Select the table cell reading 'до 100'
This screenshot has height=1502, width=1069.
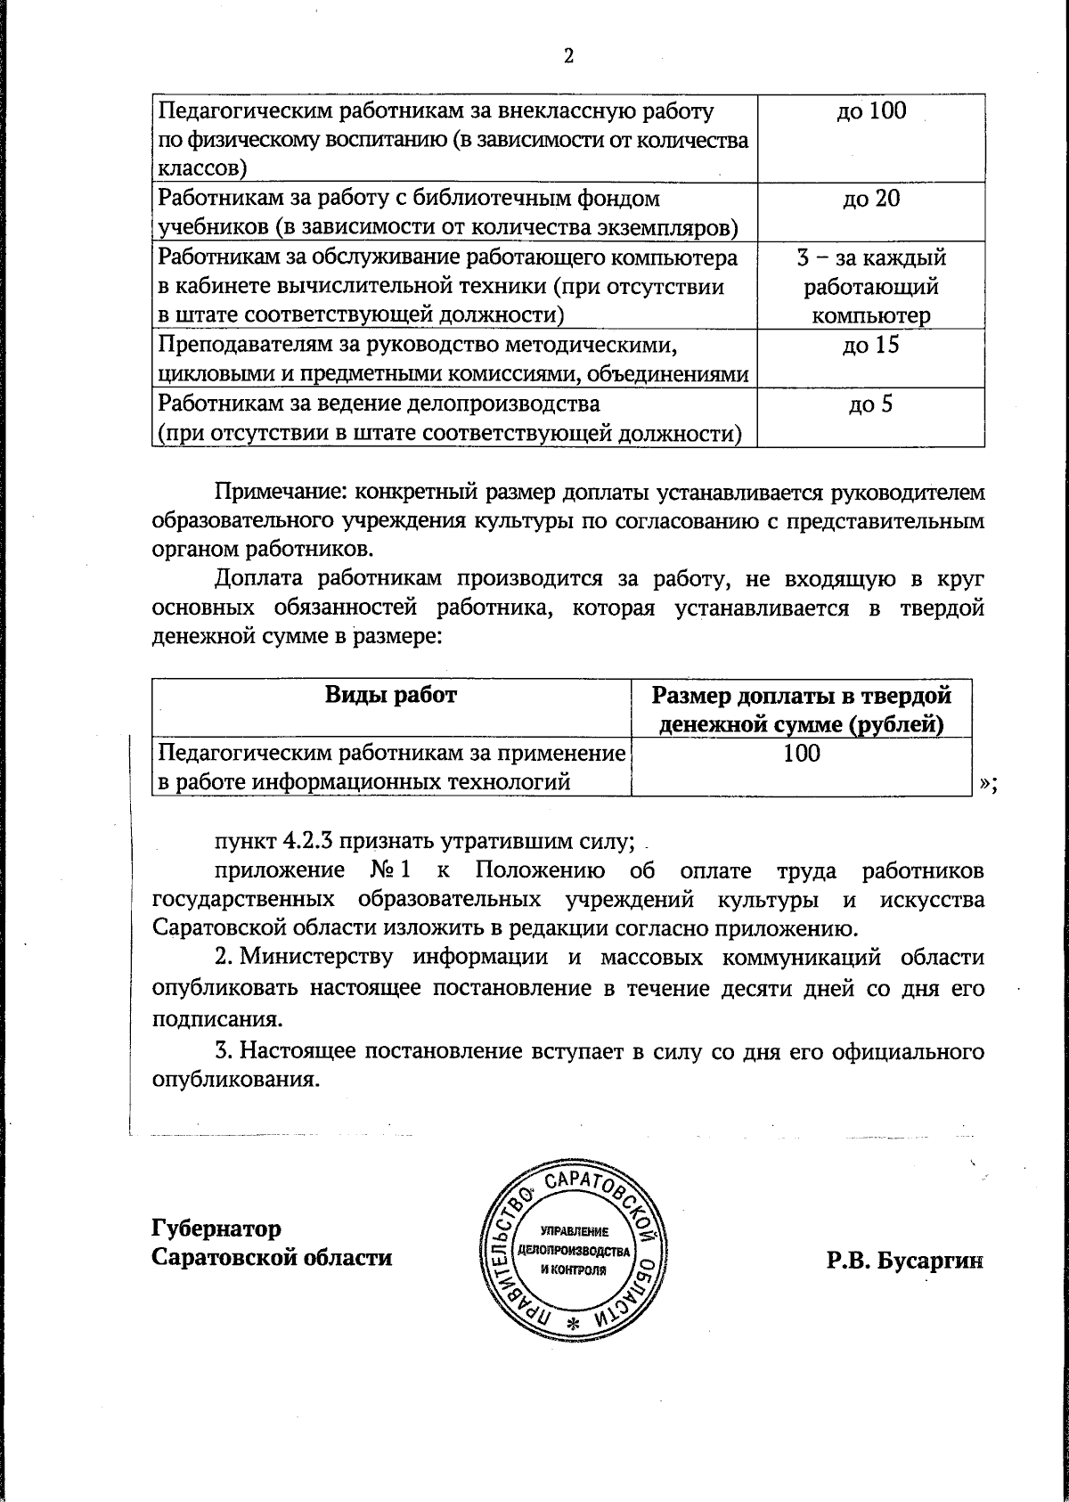870,111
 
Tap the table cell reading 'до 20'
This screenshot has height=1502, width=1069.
870,199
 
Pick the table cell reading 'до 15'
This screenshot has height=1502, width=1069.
870,346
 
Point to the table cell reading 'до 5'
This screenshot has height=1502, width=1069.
870,404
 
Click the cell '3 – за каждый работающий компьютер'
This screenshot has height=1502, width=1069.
870,286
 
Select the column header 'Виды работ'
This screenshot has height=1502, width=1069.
390,695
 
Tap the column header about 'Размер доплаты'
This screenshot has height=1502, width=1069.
801,709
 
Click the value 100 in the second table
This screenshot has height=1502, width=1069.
801,754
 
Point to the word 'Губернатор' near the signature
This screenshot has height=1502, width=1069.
216,1229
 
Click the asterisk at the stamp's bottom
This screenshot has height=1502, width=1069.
573,1325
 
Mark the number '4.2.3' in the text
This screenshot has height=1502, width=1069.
309,841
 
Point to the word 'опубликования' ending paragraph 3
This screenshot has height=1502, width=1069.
233,1080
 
